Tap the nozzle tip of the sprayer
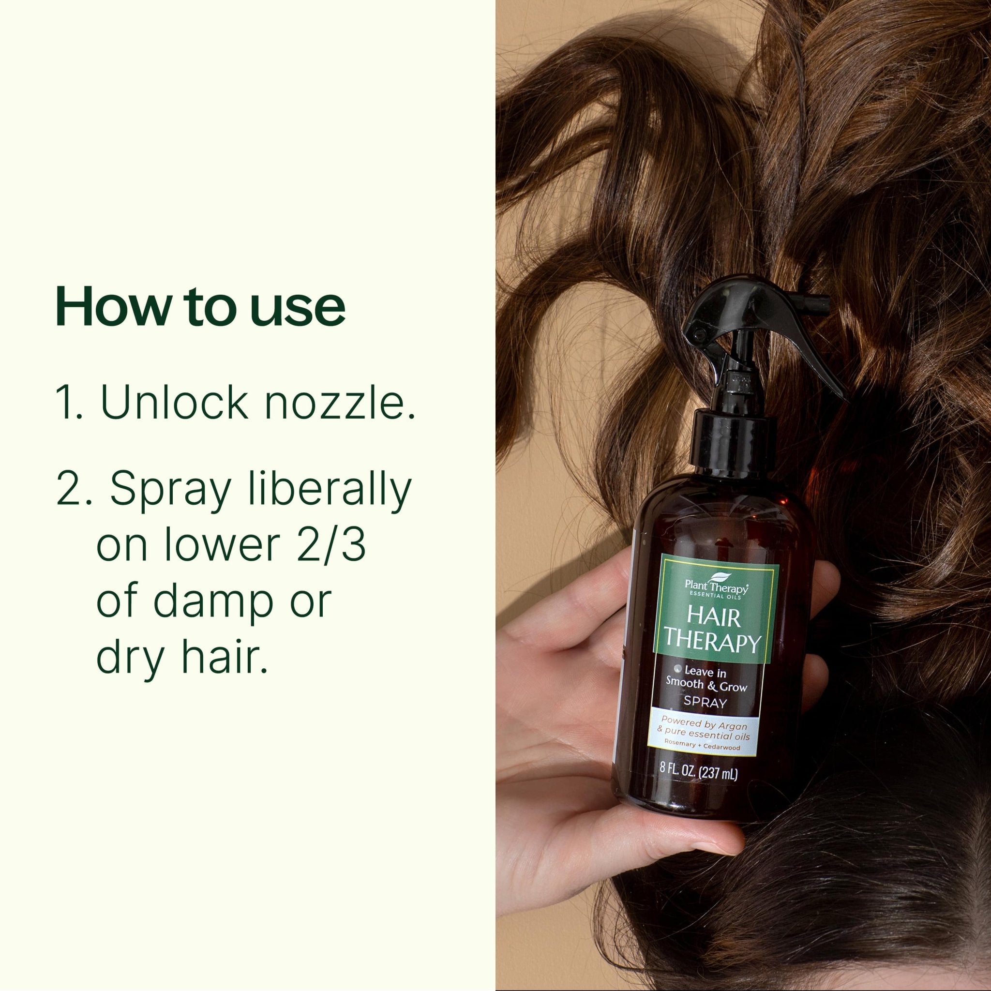815,306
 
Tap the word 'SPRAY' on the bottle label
706,703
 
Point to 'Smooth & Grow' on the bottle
706,686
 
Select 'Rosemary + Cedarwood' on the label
702,747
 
